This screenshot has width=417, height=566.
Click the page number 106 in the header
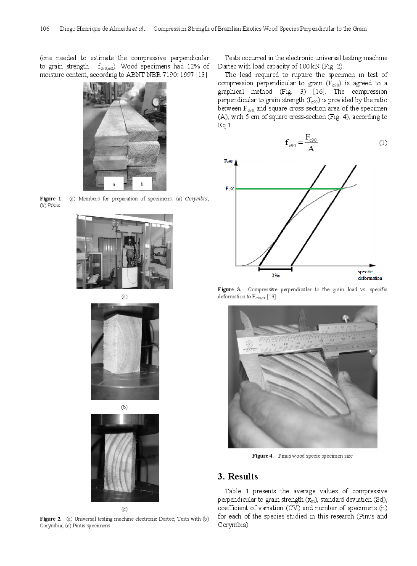pyautogui.click(x=45, y=29)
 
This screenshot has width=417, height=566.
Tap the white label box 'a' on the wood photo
pyautogui.click(x=113, y=184)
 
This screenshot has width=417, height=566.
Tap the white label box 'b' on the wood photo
pyautogui.click(x=142, y=184)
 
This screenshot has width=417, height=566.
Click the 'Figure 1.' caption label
pyautogui.click(x=51, y=199)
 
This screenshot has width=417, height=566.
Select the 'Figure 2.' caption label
pyautogui.click(x=50, y=519)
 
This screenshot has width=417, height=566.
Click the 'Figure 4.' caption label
pyautogui.click(x=263, y=456)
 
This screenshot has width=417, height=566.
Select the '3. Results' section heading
pyautogui.click(x=238, y=476)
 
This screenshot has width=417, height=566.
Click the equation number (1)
pyautogui.click(x=383, y=143)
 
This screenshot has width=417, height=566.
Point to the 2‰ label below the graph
pyautogui.click(x=275, y=276)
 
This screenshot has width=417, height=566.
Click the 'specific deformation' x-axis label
pyautogui.click(x=369, y=275)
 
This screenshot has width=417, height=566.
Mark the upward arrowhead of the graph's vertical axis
pyautogui.click(x=236, y=162)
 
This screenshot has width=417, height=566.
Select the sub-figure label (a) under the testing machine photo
pyautogui.click(x=124, y=297)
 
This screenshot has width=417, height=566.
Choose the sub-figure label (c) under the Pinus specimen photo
pyautogui.click(x=124, y=509)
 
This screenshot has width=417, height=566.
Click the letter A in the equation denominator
pyautogui.click(x=311, y=149)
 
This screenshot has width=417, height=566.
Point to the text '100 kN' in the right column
pyautogui.click(x=309, y=66)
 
